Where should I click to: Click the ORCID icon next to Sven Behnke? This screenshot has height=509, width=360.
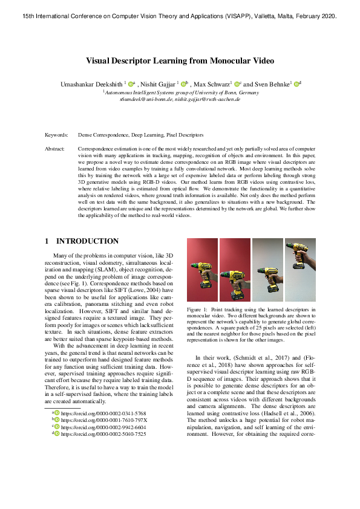click(x=296, y=83)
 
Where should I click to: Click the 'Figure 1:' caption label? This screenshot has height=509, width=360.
click(x=198, y=310)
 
